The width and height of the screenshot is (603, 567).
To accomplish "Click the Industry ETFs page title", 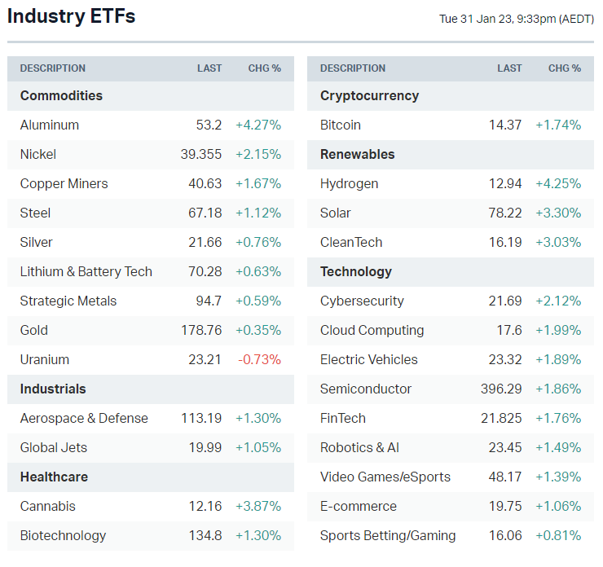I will pos(72,16).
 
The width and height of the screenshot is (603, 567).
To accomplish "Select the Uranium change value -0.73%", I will pos(258,359).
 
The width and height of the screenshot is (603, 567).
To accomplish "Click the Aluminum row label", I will pos(50,125).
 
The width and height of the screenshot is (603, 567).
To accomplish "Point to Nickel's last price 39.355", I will pos(201,154).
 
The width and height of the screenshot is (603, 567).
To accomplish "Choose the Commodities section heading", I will pos(61,95).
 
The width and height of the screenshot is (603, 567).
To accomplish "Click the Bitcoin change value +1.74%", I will pos(558,125).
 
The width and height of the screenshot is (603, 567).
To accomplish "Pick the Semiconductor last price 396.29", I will pos(501,389).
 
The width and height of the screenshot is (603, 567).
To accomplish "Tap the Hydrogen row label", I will pos(349,183).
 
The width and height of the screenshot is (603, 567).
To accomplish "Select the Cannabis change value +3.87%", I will pos(258,506).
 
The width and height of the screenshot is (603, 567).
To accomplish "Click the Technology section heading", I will pos(356,271).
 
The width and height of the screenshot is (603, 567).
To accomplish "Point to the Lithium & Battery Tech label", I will pos(86,271).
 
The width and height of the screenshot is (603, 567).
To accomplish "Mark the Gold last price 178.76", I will pos(201,330).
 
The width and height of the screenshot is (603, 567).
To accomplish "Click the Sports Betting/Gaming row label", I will pos(388,535).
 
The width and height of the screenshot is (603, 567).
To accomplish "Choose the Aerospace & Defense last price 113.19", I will pos(201,418).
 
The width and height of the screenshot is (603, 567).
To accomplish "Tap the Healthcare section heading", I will pos(54,477).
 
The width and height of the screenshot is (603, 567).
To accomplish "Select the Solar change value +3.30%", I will pos(558,213).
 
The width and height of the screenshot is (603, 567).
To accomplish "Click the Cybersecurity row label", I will pos(362,301).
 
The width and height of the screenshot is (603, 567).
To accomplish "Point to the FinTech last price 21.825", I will pos(501,418).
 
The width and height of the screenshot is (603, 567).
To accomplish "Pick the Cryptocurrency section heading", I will pos(369,95).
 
